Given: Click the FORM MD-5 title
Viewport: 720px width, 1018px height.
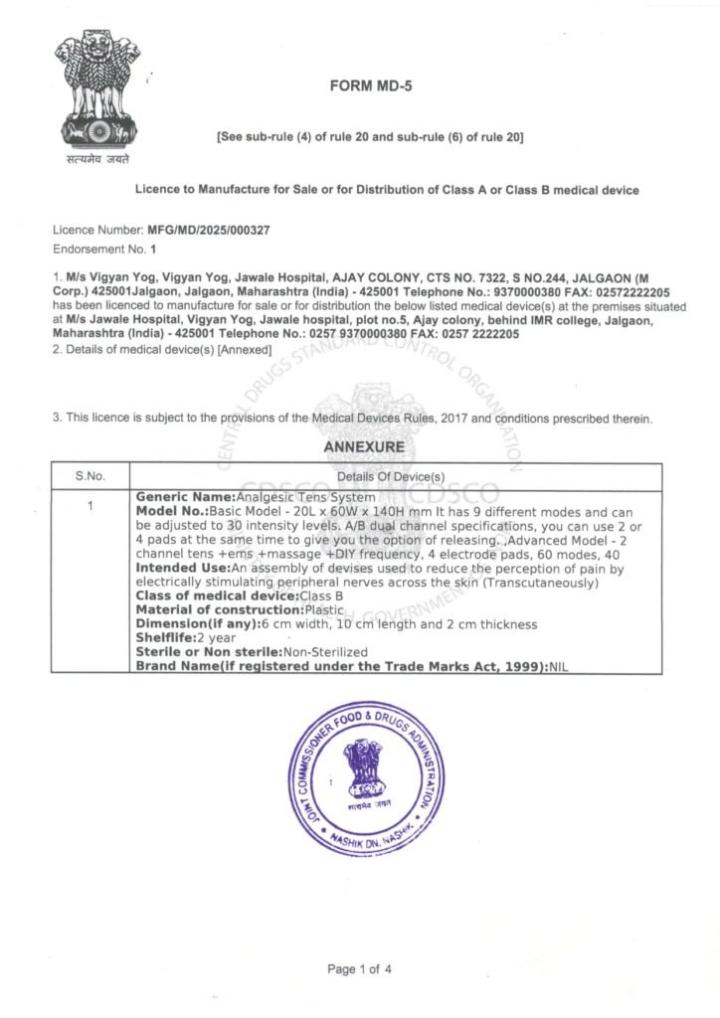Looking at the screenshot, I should [x=370, y=86].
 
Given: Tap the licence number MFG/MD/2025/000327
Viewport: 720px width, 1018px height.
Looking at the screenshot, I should [x=208, y=230].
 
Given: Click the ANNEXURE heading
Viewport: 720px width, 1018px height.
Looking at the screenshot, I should [x=364, y=447].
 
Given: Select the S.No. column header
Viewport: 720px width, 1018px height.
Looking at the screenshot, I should [x=90, y=476].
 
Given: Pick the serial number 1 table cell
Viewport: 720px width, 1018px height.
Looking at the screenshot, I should [x=90, y=506].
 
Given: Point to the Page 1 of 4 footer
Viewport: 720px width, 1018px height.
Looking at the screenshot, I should [x=359, y=968].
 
